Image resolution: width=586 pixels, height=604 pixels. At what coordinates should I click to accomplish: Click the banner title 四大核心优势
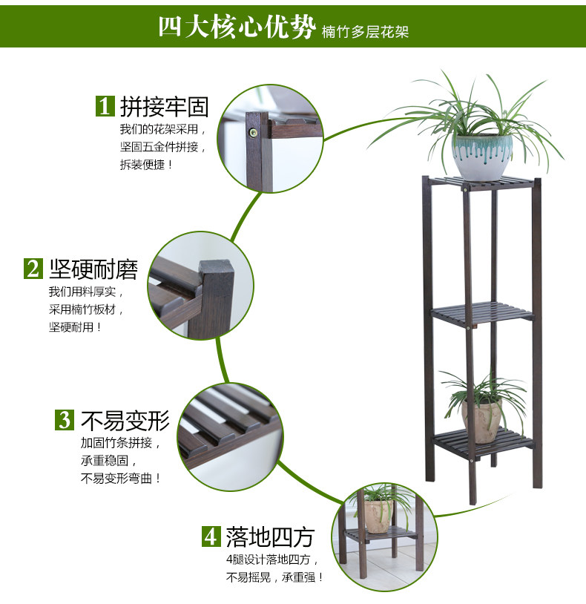pos(237,27)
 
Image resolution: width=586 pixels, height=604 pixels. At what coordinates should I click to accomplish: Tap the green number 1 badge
pos(105,106)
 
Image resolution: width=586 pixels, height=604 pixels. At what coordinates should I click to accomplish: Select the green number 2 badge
pos(33,268)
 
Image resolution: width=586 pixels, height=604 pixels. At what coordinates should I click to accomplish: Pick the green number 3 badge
pos(65,420)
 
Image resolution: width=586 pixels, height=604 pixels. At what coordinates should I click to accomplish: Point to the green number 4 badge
pos(211,535)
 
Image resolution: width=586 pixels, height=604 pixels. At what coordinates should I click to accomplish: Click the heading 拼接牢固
pos(164,107)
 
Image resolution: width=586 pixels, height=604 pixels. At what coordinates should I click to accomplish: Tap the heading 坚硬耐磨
pos(93,269)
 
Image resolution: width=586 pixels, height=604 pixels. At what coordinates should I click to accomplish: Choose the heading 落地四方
pos(271,536)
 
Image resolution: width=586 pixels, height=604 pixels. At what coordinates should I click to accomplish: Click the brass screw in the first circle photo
pos(253,133)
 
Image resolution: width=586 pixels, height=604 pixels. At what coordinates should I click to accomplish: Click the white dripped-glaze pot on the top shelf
pos(483,156)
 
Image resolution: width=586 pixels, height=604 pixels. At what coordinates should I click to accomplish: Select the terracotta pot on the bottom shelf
pos(482,421)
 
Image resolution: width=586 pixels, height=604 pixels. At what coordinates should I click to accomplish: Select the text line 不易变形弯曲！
pos(120,479)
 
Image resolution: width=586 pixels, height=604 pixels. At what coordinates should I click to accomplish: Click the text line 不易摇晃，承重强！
pos(274,577)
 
